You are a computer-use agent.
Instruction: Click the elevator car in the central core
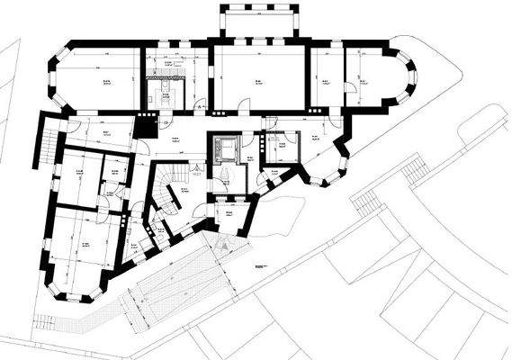coord(225,148)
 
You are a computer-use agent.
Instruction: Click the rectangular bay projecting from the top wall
coord(258,22)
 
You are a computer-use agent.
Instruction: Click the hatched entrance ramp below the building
coord(175,283)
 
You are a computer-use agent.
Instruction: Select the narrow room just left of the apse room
coord(327,79)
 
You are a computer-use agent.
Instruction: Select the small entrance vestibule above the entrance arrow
coord(229,214)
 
